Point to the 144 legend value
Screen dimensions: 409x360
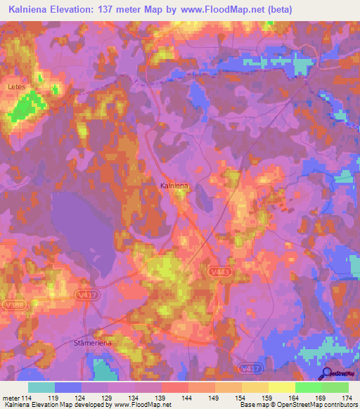[x=188, y=398]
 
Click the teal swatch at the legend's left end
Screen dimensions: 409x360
[x=41, y=387]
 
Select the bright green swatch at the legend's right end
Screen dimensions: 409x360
[x=335, y=387]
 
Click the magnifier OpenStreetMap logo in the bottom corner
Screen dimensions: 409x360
[x=326, y=374]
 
